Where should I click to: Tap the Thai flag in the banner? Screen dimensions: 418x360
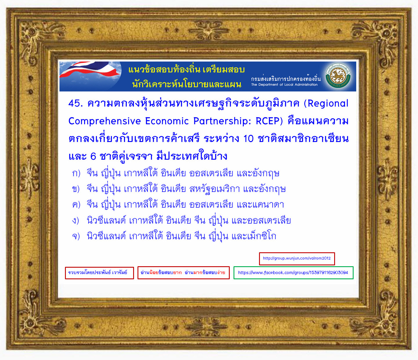(x=90, y=69)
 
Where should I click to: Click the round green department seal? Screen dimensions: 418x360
(x=338, y=76)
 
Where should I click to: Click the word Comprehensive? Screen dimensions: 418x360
(x=104, y=121)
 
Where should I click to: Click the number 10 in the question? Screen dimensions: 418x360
(x=248, y=139)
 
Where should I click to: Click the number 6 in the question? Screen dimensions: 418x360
(x=93, y=156)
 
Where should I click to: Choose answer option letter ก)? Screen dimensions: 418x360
(x=76, y=173)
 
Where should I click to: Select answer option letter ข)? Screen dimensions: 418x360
(x=76, y=189)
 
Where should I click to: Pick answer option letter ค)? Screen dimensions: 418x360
(x=76, y=205)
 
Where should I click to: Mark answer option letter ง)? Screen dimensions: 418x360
(x=75, y=220)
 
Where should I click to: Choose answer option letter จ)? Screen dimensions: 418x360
(x=76, y=236)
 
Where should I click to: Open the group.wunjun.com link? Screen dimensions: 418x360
(x=297, y=258)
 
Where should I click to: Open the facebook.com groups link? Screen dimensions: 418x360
(x=293, y=273)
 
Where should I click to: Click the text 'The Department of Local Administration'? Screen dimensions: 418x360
(x=284, y=84)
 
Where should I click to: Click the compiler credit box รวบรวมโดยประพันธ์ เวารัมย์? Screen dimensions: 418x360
(x=99, y=273)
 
